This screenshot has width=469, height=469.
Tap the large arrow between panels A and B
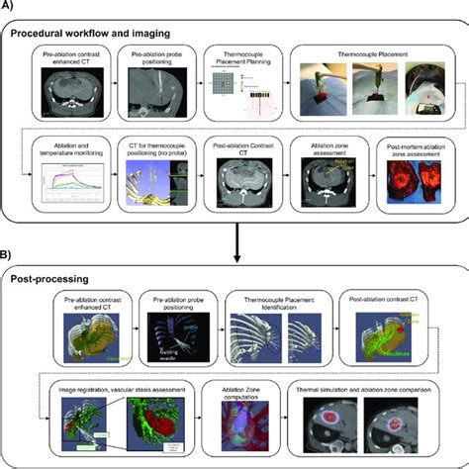point(234,243)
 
